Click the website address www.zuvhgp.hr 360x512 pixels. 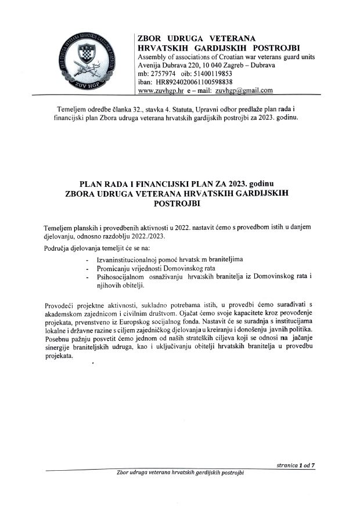pyautogui.click(x=160, y=91)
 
